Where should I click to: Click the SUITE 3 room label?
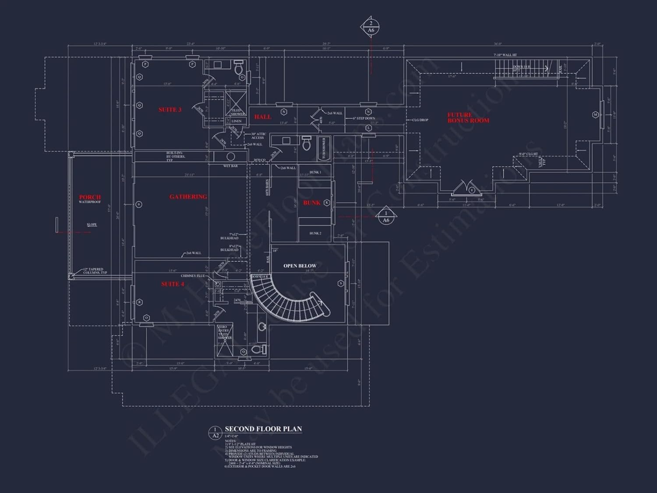pyautogui.click(x=170, y=110)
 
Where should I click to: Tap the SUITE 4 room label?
pyautogui.click(x=173, y=284)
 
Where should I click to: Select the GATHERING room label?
pyautogui.click(x=188, y=197)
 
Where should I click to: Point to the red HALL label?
pyautogui.click(x=263, y=117)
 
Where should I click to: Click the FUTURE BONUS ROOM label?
pyautogui.click(x=468, y=117)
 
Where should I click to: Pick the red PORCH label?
pyautogui.click(x=90, y=197)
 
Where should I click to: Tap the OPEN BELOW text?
pyautogui.click(x=300, y=266)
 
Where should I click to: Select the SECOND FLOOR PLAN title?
pyautogui.click(x=263, y=429)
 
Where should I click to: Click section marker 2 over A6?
pyautogui.click(x=371, y=27)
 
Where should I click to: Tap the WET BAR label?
pyautogui.click(x=230, y=166)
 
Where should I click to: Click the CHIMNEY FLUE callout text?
pyautogui.click(x=193, y=276)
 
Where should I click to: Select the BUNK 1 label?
pyautogui.click(x=315, y=172)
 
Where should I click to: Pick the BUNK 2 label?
pyautogui.click(x=315, y=233)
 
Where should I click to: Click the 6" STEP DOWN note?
pyautogui.click(x=364, y=118)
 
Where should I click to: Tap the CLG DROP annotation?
pyautogui.click(x=420, y=120)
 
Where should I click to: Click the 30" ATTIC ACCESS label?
pyautogui.click(x=258, y=136)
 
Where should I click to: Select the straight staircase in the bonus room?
pyautogui.click(x=521, y=69)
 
